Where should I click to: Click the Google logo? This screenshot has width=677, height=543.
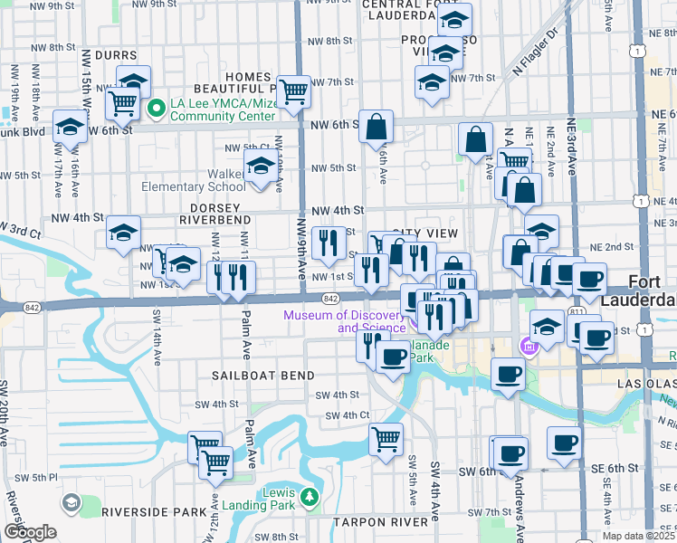coord(31,532)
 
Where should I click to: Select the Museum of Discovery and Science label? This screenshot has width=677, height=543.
coord(344,321)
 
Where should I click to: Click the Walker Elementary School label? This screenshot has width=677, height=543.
coord(192,179)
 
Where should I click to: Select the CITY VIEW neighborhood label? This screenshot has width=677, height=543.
coord(424,233)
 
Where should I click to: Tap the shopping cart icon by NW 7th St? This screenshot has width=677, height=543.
coord(292,91)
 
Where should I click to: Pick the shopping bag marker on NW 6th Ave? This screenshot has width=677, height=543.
coord(376,127)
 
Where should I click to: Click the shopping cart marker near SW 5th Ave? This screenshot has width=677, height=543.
coord(386,440)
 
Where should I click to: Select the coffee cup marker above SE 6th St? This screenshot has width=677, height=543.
coord(565,443)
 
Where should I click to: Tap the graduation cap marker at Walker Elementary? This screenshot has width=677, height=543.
coord(261,167)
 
